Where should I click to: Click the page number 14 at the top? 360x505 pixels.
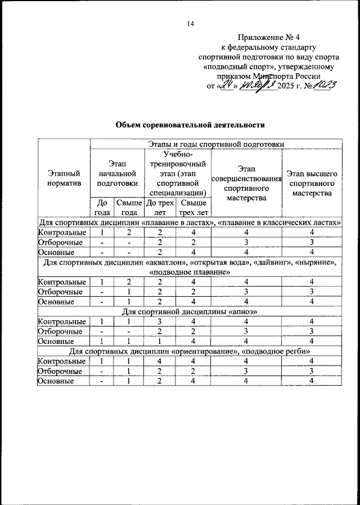tap(190, 24)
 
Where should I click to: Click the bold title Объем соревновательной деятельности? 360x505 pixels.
tap(190, 124)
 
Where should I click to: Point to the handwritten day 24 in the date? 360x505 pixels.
tap(228, 86)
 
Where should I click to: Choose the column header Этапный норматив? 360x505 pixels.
tap(64, 178)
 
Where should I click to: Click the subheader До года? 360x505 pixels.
tap(102, 207)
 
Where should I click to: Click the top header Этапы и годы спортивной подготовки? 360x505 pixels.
tap(216, 144)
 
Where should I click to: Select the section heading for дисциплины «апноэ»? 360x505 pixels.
tap(190, 311)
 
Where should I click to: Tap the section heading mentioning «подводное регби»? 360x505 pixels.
tap(190, 351)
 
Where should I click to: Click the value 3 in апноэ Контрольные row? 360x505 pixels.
tap(160, 321)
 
